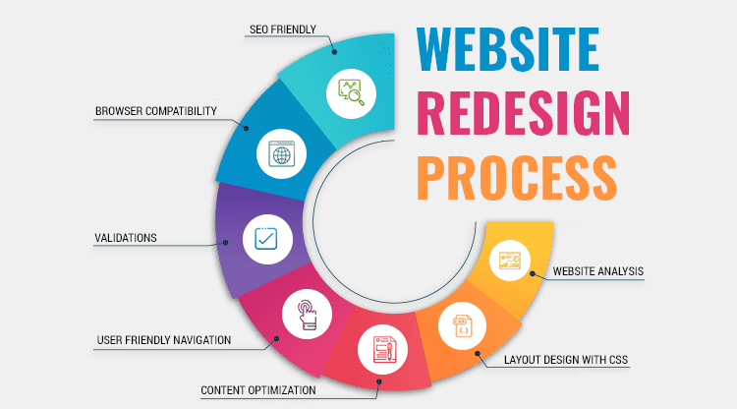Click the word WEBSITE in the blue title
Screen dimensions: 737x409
coord(508,49)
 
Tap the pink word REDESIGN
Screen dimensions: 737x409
coord(523,113)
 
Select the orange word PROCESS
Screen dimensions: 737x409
coord(517,178)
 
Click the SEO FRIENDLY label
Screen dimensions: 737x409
coord(282,29)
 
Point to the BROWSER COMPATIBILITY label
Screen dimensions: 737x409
coord(156,111)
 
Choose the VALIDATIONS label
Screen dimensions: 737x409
coord(126,238)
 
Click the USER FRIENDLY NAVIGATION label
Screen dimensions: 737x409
coord(164,340)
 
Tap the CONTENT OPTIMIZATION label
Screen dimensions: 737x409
coord(258,390)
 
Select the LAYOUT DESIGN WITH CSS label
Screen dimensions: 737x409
coord(566,360)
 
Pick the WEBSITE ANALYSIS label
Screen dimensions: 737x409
coord(597,271)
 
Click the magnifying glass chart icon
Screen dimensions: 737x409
coord(351,92)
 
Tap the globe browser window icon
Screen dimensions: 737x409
coord(281,153)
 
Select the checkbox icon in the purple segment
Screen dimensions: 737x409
coord(266,239)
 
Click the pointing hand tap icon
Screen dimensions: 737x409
coord(307,315)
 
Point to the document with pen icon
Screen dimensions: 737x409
coord(383,349)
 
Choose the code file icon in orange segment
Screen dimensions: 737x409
coord(463,325)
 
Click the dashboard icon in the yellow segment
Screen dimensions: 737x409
coord(509,261)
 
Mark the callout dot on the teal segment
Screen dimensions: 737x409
coord(334,52)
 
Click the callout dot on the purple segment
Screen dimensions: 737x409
coord(226,243)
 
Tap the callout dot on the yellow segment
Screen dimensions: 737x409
coord(532,273)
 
